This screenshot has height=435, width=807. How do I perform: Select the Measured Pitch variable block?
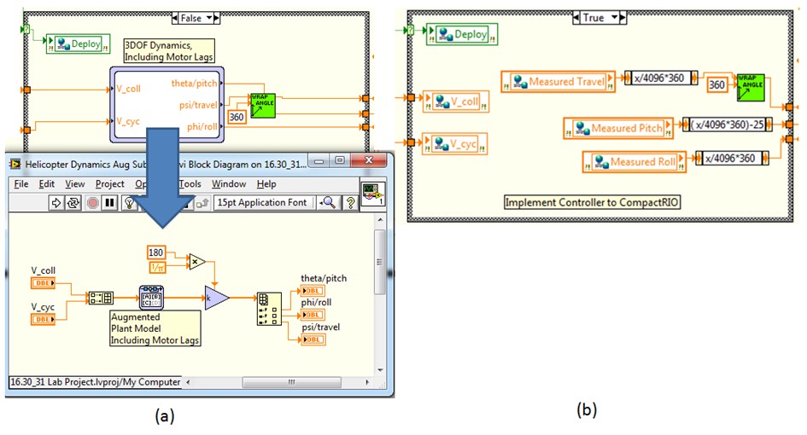620,128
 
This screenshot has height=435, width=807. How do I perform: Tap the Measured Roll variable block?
636,161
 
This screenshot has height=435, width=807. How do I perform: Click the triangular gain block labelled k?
216,298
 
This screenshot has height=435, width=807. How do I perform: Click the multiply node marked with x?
196,260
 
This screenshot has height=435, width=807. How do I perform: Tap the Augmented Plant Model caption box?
155,328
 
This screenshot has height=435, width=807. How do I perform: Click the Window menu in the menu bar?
228,183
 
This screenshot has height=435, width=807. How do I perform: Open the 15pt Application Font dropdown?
264,202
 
